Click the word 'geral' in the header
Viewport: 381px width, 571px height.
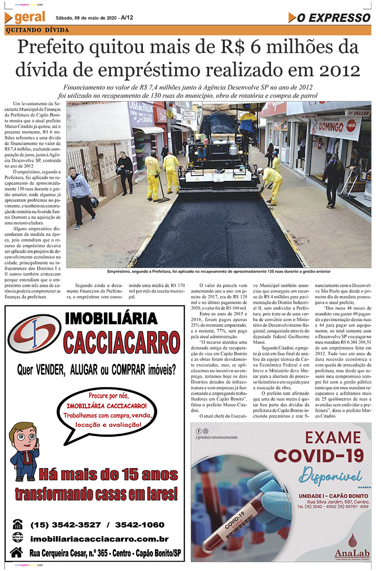30,18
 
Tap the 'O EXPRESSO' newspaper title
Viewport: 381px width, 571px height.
333,18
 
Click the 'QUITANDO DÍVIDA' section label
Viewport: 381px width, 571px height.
37,30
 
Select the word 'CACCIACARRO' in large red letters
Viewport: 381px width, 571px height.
122,342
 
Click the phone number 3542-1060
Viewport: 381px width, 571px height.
140,525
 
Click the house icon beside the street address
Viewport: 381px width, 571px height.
17,552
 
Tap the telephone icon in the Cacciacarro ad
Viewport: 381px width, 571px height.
18,524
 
